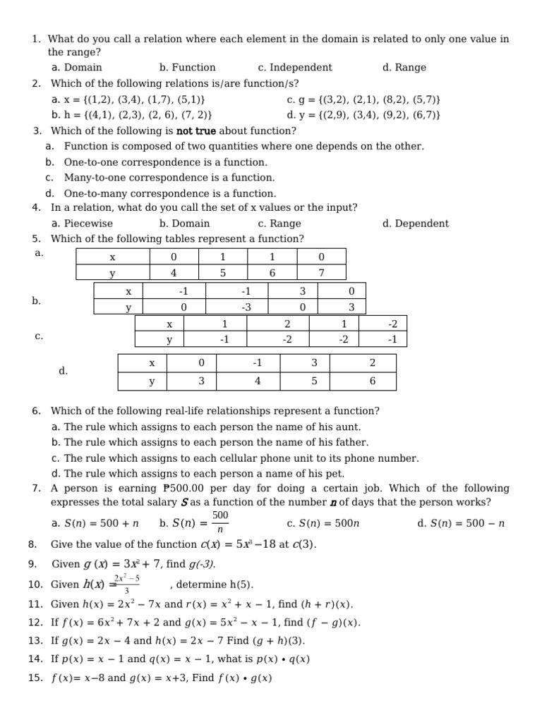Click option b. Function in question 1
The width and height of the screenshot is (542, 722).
pyautogui.click(x=187, y=68)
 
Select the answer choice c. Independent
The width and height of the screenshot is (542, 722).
pyautogui.click(x=294, y=68)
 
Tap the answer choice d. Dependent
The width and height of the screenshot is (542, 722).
pyautogui.click(x=415, y=224)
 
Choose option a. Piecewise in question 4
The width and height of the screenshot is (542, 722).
pyautogui.click(x=82, y=224)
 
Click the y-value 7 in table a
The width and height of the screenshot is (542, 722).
pyautogui.click(x=321, y=273)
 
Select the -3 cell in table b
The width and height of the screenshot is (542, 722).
pyautogui.click(x=246, y=307)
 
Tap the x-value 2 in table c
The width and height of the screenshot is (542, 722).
pyautogui.click(x=287, y=324)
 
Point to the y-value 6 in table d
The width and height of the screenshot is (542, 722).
pyautogui.click(x=372, y=381)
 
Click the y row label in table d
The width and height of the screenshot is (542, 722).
pyautogui.click(x=152, y=381)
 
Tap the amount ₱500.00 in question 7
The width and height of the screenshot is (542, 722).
pyautogui.click(x=184, y=489)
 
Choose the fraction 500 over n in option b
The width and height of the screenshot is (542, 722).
pyautogui.click(x=220, y=522)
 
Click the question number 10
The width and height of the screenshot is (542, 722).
pyautogui.click(x=36, y=585)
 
